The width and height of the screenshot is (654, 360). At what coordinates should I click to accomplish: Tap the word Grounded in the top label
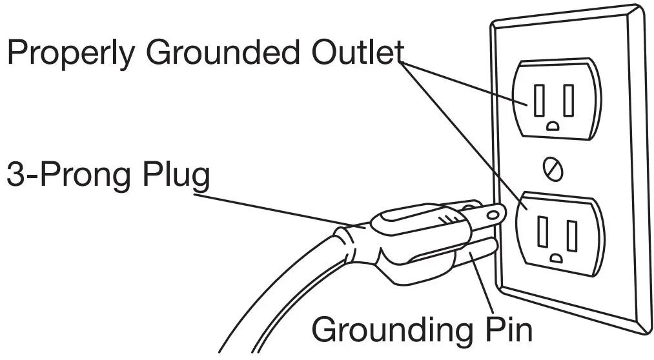(x=222, y=52)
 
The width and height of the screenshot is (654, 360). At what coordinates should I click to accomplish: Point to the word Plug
(x=176, y=176)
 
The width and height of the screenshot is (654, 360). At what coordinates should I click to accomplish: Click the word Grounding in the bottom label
(x=393, y=331)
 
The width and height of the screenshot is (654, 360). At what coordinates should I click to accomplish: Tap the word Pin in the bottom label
(x=508, y=329)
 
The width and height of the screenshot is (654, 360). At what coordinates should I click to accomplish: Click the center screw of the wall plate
(x=553, y=169)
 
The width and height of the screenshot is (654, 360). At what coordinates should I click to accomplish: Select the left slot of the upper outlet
(x=539, y=101)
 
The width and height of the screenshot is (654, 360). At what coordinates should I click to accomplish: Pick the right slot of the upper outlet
(x=568, y=101)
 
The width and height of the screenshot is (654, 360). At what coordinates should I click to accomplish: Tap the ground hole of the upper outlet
(x=553, y=126)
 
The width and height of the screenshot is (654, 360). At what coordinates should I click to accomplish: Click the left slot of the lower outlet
(x=543, y=232)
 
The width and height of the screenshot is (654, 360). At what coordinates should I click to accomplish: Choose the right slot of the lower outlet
(x=572, y=236)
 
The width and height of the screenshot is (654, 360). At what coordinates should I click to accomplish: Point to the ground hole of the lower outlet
(x=556, y=258)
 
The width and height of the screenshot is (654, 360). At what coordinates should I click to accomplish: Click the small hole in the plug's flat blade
(x=493, y=215)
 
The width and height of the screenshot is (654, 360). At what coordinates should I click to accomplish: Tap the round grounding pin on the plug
(x=475, y=253)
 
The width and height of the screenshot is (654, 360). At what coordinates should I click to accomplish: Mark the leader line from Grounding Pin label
(x=481, y=283)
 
